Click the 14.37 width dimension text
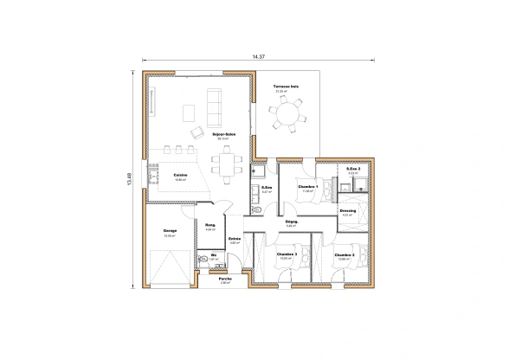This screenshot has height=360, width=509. [x=258, y=56]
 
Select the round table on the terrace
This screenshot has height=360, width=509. [x=287, y=112]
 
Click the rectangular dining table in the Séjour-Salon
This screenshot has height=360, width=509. [x=228, y=161]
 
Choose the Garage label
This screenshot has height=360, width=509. [x=171, y=231]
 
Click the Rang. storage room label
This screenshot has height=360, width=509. [x=209, y=226]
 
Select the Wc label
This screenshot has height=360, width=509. [x=212, y=254]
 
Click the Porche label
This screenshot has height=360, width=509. [x=225, y=279]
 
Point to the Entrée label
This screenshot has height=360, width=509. [x=234, y=239]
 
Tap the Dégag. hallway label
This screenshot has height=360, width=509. [x=292, y=222]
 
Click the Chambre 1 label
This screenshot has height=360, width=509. [x=308, y=187]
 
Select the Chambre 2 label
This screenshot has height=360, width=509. [x=344, y=254]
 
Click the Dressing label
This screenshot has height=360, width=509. [x=348, y=210]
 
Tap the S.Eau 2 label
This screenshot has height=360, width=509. [x=352, y=169]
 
